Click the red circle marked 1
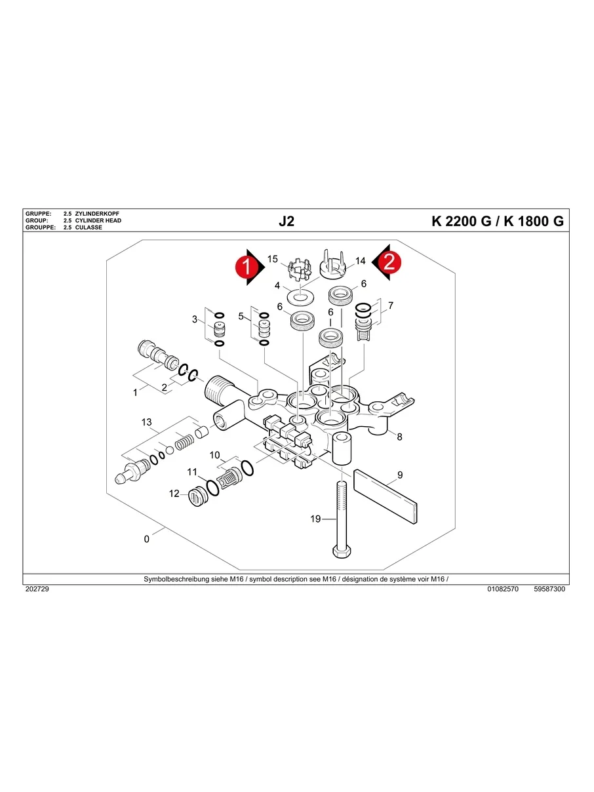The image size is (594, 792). tap(246, 267)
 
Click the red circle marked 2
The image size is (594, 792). tap(389, 262)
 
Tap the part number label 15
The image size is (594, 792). tap(273, 260)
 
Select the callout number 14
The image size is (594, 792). tap(360, 261)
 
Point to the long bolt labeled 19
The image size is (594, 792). tap(340, 518)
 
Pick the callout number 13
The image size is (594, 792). tap(146, 422)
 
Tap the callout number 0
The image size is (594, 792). tap(147, 539)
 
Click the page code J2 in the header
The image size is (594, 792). tap(287, 222)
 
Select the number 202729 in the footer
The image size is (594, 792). tap(37, 589)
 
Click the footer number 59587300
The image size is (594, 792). tap(549, 589)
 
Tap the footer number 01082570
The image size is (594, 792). tap(503, 589)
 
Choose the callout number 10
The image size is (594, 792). tap(215, 455)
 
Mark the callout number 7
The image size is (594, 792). tap(391, 306)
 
